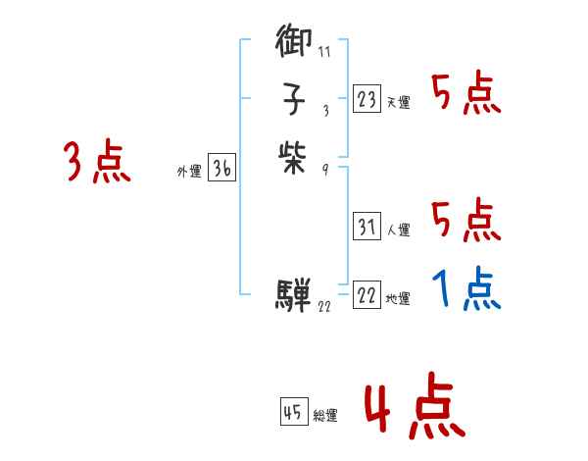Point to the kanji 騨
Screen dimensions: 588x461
[295, 292]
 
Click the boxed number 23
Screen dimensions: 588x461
[367, 98]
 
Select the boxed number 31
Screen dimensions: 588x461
[367, 228]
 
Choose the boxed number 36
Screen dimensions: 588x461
[221, 169]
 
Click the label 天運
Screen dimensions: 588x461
[398, 102]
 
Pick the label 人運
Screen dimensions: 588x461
[398, 231]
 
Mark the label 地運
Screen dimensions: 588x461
[398, 299]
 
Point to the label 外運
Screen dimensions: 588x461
[189, 172]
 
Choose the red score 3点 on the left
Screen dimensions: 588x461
[97, 161]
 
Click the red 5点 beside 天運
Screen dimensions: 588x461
[466, 95]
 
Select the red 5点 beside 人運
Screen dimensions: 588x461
[466, 222]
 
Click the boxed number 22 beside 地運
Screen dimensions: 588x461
[367, 295]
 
